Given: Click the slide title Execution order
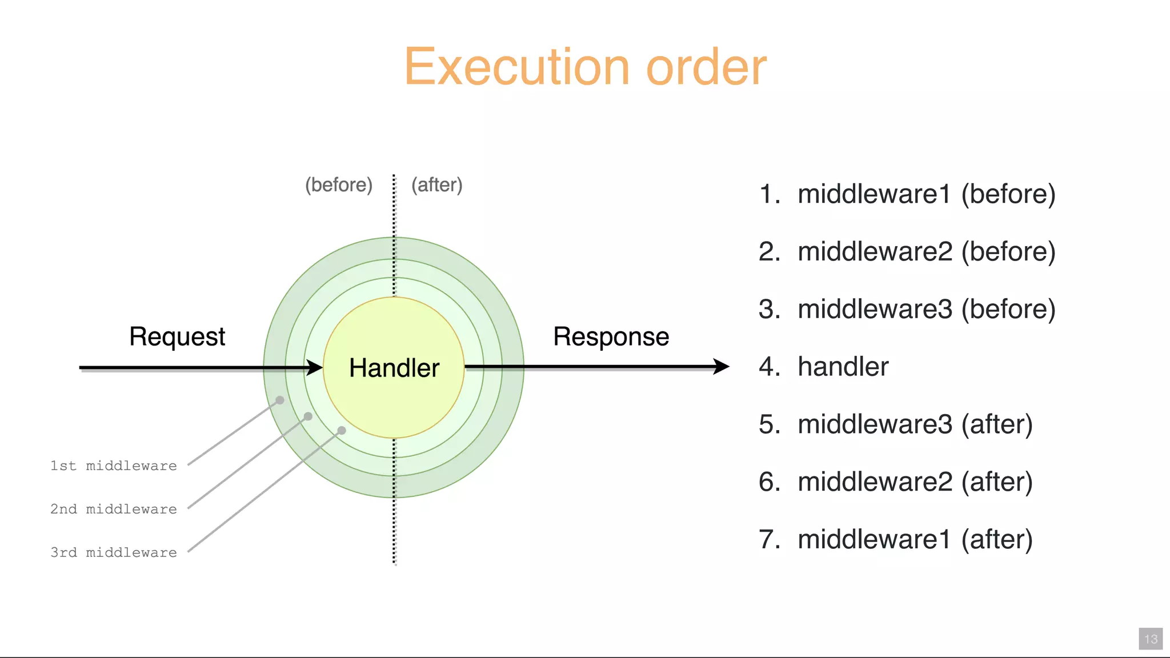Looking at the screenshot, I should click(x=585, y=67).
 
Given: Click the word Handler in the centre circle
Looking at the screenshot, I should click(x=394, y=368).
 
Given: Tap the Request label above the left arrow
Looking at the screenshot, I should click(x=177, y=336).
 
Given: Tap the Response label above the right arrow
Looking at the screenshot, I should click(x=611, y=336).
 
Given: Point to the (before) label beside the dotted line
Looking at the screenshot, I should click(x=339, y=185).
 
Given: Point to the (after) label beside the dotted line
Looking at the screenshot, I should click(x=437, y=185).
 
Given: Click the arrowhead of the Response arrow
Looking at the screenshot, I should click(x=722, y=366).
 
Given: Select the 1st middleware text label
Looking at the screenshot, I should click(x=114, y=466).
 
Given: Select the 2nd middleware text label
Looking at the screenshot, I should click(x=114, y=509).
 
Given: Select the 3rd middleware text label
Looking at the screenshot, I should click(x=114, y=552).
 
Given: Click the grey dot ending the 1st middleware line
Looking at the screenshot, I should click(x=280, y=400).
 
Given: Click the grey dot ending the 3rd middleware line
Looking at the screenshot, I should click(x=342, y=430).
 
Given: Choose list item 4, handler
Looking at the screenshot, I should click(x=843, y=367).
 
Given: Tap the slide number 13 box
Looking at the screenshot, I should click(x=1151, y=639).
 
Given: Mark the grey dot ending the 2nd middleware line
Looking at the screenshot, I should click(x=308, y=416).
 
